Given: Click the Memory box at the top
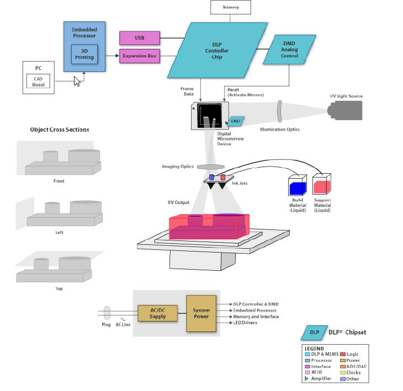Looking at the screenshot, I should tap(231, 7).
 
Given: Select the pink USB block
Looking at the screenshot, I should tap(140, 38).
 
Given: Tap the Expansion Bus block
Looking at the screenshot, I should tap(140, 56).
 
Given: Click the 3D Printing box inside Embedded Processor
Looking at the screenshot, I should tap(84, 54).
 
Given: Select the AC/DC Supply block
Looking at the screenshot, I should tap(158, 313).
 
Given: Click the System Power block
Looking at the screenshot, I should tap(201, 313).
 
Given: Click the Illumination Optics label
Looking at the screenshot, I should tap(280, 130).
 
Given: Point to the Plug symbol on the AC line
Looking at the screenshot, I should tap(107, 313).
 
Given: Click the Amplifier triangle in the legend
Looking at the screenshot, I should tap(306, 379).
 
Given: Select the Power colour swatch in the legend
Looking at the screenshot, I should tap(343, 360).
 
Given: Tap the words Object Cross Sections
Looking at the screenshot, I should tap(60, 130).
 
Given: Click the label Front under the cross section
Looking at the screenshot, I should tap(59, 181).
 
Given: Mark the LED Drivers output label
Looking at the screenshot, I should tap(245, 323).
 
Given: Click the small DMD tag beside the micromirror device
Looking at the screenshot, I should tap(236, 120).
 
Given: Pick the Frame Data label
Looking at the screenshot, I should tap(187, 91).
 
